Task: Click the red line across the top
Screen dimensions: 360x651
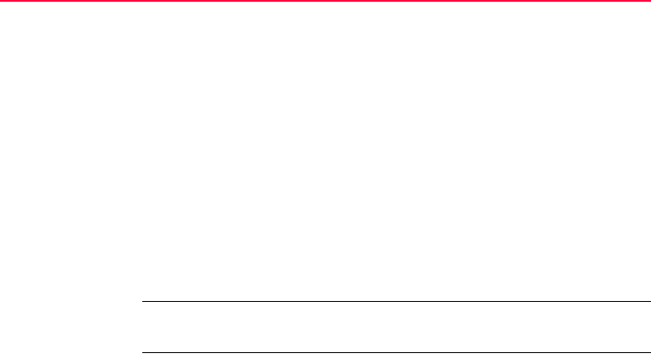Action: tap(325, 2)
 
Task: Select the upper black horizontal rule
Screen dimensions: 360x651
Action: tap(395, 302)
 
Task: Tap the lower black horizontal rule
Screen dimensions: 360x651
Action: tap(395, 352)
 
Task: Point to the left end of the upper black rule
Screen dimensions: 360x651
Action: tap(143, 302)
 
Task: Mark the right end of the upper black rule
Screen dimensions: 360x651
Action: tap(648, 302)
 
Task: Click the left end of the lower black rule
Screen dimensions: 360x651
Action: tap(143, 352)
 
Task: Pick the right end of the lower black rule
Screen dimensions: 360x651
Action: tap(648, 352)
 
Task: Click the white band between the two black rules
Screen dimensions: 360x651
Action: tap(395, 327)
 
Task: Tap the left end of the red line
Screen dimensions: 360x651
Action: tap(2, 2)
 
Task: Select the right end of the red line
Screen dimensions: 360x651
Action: tap(648, 2)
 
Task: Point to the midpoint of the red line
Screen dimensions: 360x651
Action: tap(325, 2)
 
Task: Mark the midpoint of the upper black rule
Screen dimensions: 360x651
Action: tap(396, 302)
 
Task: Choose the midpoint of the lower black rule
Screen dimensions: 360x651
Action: tap(396, 352)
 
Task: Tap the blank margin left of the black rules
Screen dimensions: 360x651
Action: tap(69, 327)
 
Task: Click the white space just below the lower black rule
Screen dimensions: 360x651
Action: tap(395, 357)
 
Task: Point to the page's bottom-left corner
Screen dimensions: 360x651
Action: tap(1, 358)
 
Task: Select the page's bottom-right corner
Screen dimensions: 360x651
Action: tap(649, 358)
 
